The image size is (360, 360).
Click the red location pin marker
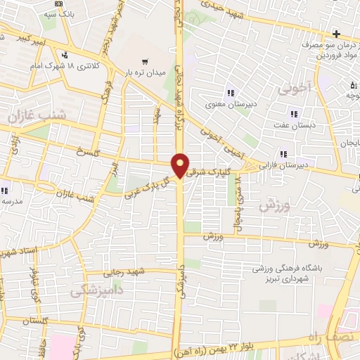(x=181, y=165)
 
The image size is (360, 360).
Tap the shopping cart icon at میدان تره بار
(x=145, y=61)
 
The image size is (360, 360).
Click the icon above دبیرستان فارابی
(x=283, y=154)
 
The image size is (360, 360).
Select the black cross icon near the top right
(x=337, y=34)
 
